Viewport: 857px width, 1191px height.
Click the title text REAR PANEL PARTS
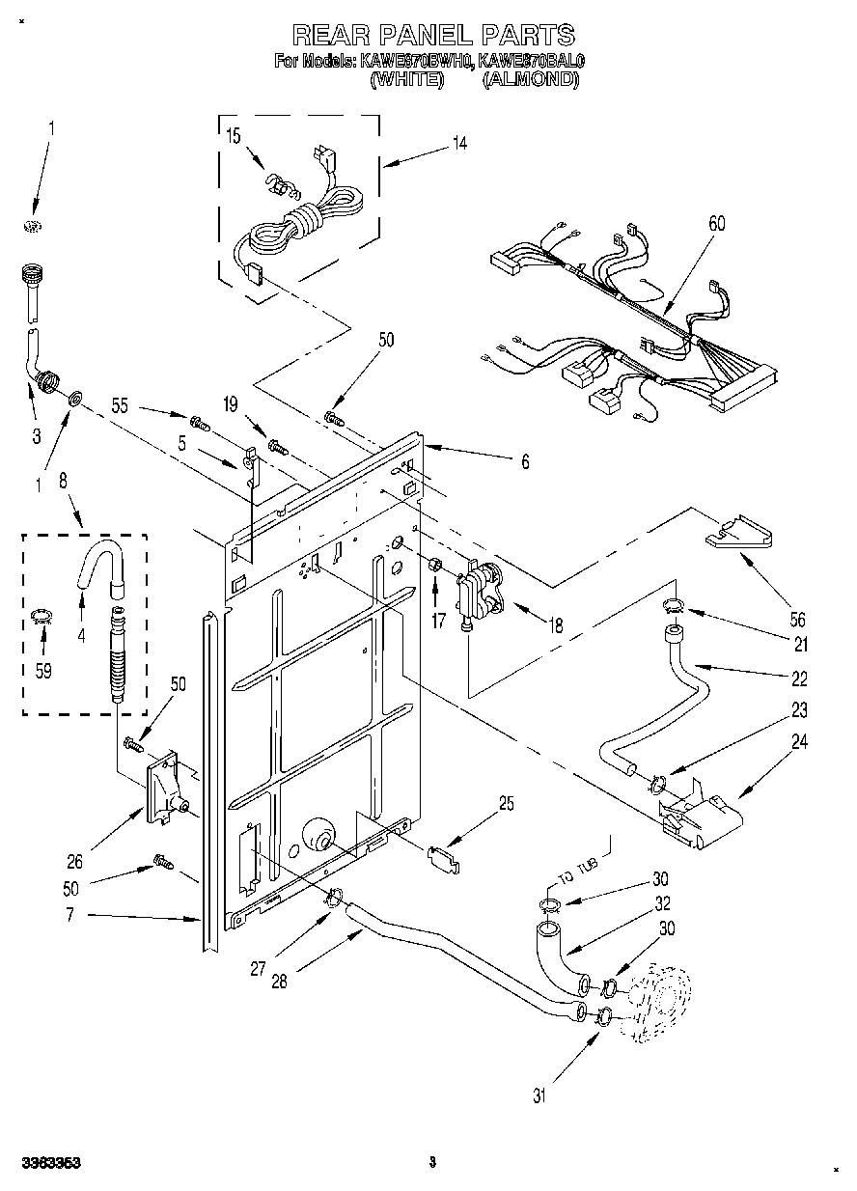432,37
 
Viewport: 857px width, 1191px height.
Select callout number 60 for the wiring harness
717,224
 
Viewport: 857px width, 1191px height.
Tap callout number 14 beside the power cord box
459,143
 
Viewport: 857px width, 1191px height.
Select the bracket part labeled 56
740,534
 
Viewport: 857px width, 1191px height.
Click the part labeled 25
443,857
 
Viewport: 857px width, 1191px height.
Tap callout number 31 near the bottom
539,1095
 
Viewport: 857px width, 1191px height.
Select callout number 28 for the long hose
278,983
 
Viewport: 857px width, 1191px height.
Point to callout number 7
70,913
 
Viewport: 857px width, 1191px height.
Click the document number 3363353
47,1164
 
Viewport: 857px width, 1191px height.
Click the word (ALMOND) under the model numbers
530,81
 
